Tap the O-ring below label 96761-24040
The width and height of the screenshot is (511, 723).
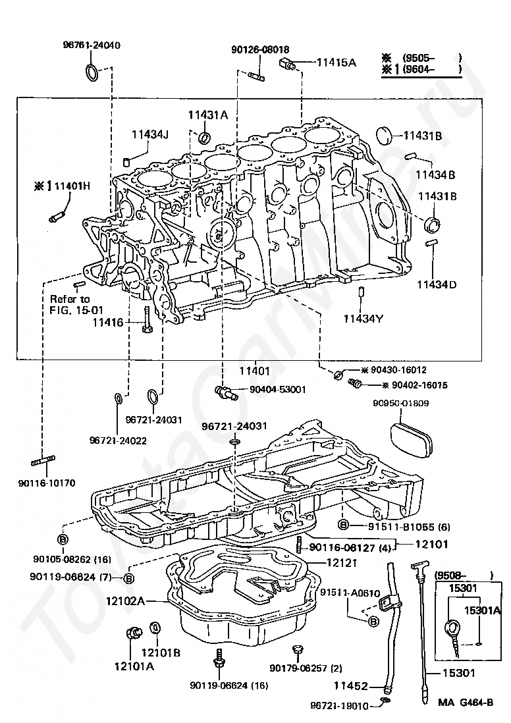pos(93,72)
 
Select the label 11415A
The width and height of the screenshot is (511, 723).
pos(336,63)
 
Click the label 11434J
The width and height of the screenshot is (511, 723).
pos(149,134)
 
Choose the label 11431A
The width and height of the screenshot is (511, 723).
pos(208,115)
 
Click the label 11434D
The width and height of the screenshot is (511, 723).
pos(436,284)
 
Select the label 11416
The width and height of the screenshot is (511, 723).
pos(107,323)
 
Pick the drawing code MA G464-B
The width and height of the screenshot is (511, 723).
pos(466,702)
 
